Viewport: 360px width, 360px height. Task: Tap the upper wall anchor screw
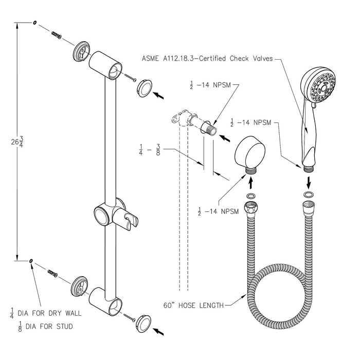tap(57, 35)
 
